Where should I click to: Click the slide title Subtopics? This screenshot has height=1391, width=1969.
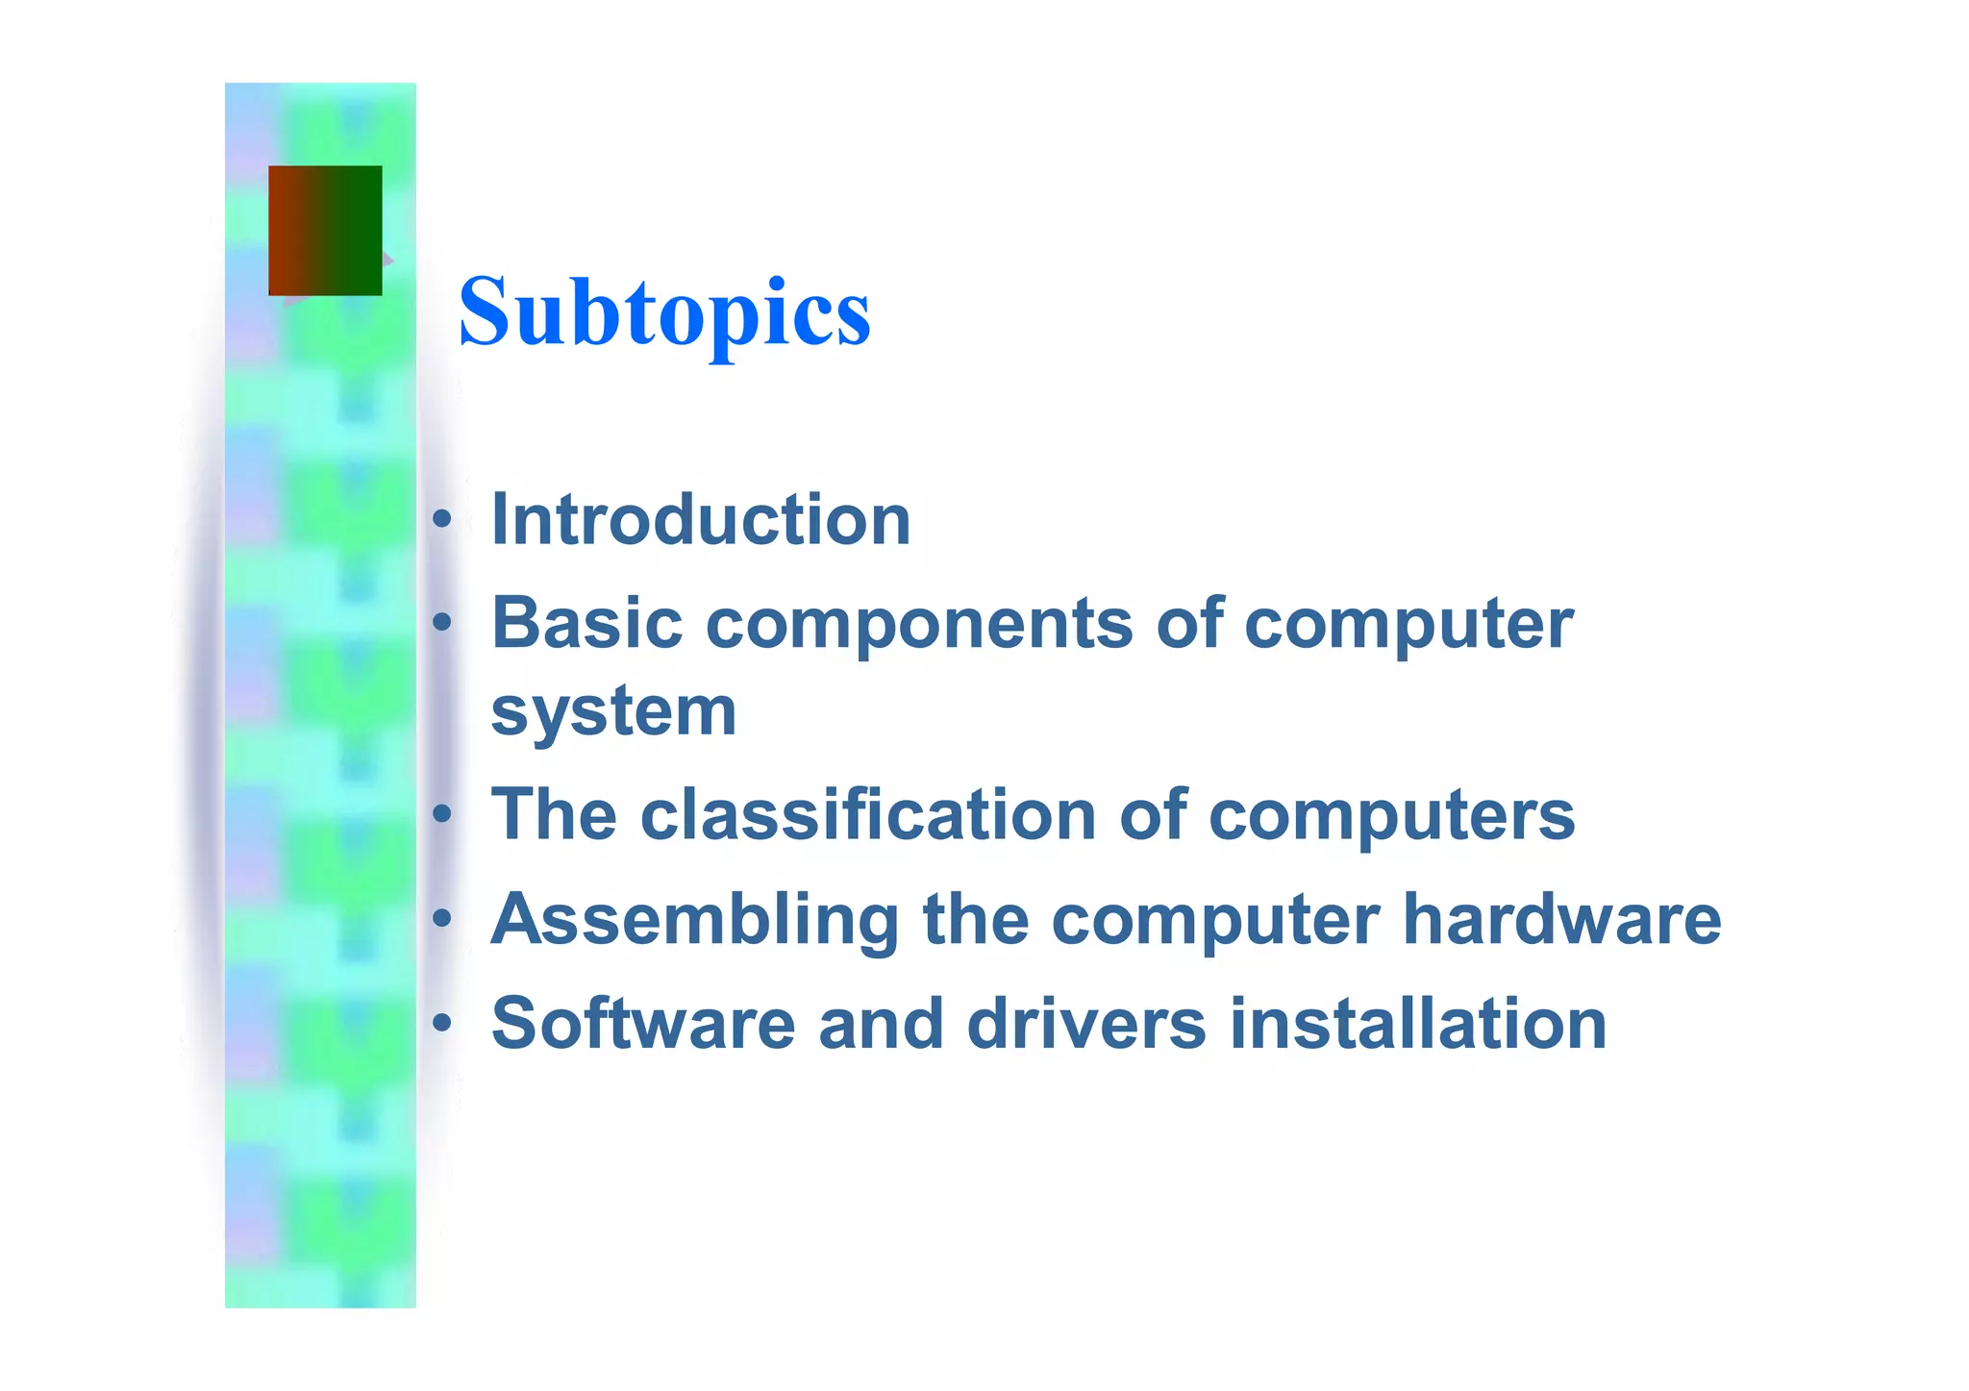point(664,312)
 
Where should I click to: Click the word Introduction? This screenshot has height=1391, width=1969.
point(701,520)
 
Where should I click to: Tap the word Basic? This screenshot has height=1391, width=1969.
point(586,624)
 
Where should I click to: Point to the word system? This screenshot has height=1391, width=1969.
point(613,712)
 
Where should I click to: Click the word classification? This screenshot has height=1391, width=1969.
point(868,815)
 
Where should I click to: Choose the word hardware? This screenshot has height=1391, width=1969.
point(1562,920)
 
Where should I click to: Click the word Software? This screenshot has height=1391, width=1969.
point(643,1024)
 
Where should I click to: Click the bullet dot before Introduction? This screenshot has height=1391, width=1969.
point(441,520)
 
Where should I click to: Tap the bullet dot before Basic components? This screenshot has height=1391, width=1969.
point(441,624)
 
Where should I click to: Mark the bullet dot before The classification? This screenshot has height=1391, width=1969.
point(441,815)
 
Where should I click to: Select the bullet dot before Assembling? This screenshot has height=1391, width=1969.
point(441,920)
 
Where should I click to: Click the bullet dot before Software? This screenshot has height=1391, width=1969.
point(441,1024)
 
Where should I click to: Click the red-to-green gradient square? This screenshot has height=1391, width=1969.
point(325,231)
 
